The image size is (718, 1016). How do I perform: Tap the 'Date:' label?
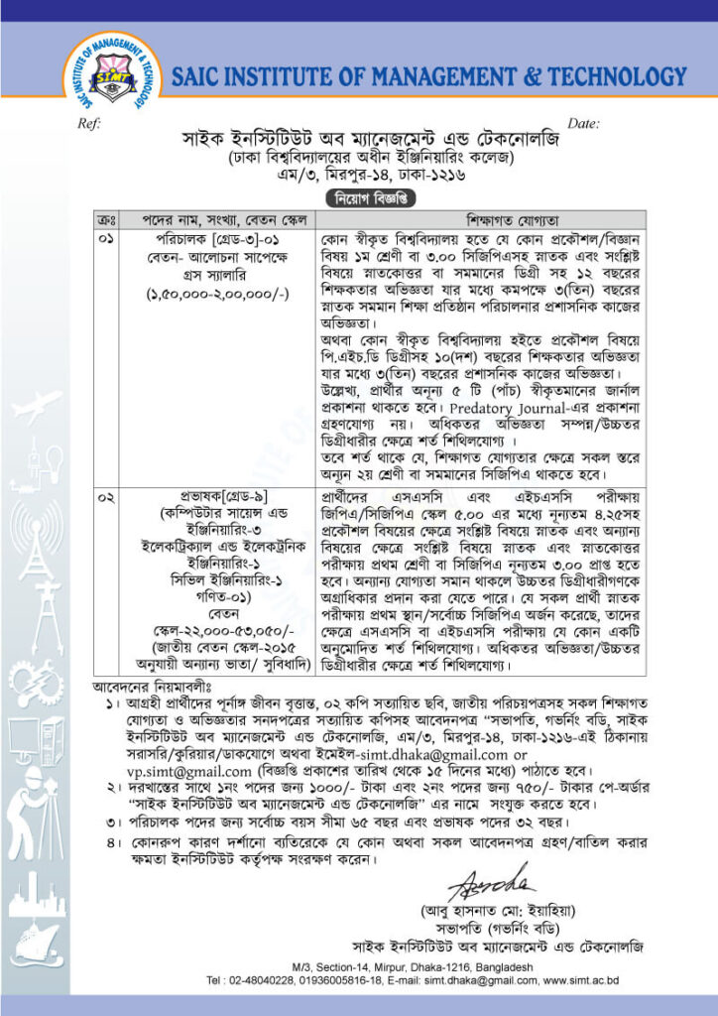pos(583,123)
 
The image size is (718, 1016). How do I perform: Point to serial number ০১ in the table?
pos(107,239)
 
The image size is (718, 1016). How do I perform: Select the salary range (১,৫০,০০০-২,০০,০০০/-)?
pos(217,295)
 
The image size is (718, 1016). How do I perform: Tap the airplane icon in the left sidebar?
pos(35,404)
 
